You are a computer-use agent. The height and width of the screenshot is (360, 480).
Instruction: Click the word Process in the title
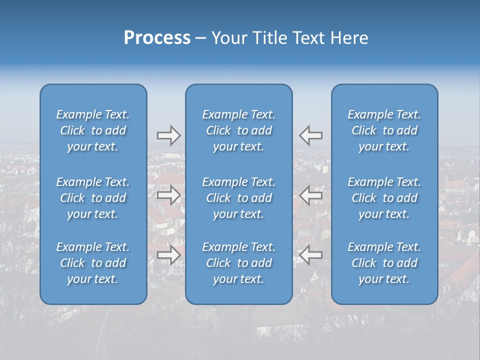pyautogui.click(x=157, y=38)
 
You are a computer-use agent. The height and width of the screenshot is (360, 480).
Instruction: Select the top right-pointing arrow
pyautogui.click(x=168, y=135)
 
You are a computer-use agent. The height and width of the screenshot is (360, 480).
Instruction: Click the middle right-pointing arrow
pyautogui.click(x=168, y=194)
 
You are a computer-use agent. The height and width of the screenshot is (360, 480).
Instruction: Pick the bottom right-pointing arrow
pyautogui.click(x=168, y=255)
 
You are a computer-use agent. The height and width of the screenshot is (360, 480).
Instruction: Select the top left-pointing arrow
pyautogui.click(x=311, y=135)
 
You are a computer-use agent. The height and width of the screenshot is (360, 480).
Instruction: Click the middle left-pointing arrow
pyautogui.click(x=311, y=194)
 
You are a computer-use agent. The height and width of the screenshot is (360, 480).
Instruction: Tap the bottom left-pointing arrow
pyautogui.click(x=311, y=255)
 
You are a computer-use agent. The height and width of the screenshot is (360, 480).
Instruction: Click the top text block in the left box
pyautogui.click(x=93, y=130)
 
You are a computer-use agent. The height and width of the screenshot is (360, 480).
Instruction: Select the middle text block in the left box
pyautogui.click(x=93, y=198)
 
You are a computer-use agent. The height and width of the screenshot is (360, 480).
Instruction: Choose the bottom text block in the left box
pyautogui.click(x=93, y=263)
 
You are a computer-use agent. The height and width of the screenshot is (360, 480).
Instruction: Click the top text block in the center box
pyautogui.click(x=239, y=130)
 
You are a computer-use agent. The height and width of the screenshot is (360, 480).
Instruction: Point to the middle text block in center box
pyautogui.click(x=239, y=198)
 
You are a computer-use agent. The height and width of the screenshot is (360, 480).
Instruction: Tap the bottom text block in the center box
pyautogui.click(x=239, y=263)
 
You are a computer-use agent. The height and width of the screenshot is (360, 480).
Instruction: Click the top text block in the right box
pyautogui.click(x=384, y=130)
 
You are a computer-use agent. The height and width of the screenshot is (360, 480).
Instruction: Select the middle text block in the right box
pyautogui.click(x=384, y=198)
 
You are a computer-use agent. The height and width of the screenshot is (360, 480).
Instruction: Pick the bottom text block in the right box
pyautogui.click(x=384, y=263)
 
